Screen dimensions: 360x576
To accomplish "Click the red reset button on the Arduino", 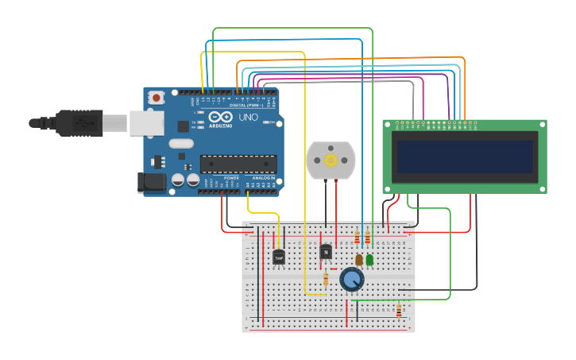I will pos(157,98).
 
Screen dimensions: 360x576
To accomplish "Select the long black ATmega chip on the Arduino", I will pos(238,164).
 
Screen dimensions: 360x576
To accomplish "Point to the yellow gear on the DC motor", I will pos(331,161).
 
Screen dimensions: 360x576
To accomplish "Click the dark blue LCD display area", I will pos(465,156).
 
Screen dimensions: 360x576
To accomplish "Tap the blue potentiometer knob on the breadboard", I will pos(351,279).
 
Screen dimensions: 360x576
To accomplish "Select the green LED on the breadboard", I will pos(369,259).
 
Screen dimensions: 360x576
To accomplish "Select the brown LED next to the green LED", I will pos(359,259).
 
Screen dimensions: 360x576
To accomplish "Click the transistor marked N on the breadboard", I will pos(325,252).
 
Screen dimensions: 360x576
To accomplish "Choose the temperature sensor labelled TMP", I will pos(279,257).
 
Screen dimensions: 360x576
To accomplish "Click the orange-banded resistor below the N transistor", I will pos(326,278).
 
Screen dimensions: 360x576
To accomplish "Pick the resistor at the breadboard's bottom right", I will pos(399,311).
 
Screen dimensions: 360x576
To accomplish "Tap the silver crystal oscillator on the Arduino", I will pos(180,144).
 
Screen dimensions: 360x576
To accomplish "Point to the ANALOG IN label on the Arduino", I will pos(265,177).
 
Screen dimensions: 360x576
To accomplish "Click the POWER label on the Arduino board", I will pos(231,177).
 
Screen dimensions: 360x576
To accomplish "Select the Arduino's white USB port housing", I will pos(147,122).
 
